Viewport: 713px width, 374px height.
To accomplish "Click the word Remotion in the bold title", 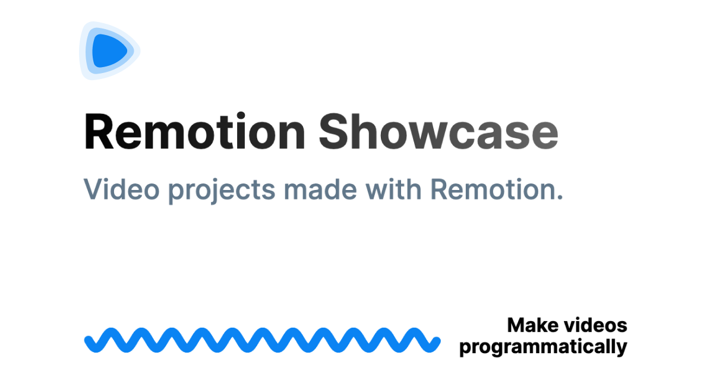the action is point(194,131).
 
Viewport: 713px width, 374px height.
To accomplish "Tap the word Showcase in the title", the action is point(438,131).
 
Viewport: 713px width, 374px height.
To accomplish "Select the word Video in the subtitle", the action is point(121,189).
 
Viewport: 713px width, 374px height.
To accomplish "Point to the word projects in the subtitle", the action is point(222,191).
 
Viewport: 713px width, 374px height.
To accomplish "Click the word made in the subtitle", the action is point(320,189).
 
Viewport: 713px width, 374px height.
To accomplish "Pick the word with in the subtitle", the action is point(394,189).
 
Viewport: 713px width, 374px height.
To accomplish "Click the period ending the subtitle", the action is point(559,198).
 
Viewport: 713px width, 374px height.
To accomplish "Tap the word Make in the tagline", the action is point(533,325).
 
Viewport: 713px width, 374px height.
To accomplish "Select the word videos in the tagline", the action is point(595,325).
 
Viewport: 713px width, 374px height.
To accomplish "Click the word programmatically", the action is point(543,347).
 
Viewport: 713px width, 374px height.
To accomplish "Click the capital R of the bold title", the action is point(99,131).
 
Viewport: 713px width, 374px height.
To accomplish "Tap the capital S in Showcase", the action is point(333,131).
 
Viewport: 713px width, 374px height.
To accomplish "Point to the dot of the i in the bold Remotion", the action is point(241,115).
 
